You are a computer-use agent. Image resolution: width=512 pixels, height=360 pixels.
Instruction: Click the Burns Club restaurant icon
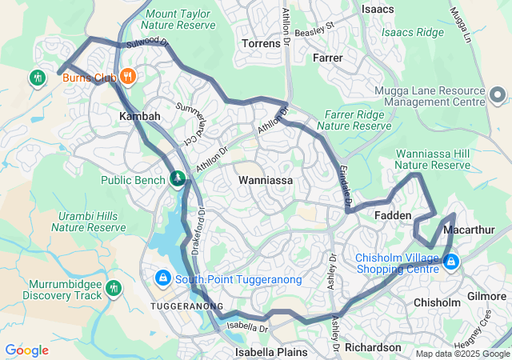click(128, 78)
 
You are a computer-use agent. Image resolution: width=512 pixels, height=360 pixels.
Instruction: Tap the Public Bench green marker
click(178, 178)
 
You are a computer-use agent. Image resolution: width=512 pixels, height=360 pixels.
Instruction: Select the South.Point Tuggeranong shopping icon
click(162, 278)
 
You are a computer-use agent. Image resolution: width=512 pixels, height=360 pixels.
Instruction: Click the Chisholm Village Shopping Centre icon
click(451, 262)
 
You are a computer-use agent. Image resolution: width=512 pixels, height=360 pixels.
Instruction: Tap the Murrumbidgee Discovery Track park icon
click(114, 287)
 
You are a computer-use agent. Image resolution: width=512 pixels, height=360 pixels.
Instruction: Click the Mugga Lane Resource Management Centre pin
click(496, 97)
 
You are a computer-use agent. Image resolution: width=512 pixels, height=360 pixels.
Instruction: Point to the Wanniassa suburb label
click(266, 181)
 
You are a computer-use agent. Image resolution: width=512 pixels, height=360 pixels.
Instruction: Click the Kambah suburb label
click(140, 117)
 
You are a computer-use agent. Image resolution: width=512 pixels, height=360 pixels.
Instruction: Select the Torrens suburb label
click(261, 42)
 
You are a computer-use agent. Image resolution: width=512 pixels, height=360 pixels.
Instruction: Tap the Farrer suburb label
click(328, 58)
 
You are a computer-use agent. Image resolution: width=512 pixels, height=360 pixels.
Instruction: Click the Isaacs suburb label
click(378, 9)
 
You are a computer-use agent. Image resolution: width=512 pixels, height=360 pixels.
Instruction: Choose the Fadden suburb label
click(393, 216)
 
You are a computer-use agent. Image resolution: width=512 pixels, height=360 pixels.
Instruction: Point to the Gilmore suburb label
click(486, 296)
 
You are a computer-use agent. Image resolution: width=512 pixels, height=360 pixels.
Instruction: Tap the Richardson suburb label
click(374, 347)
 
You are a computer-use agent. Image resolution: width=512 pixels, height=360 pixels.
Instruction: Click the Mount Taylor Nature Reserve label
click(181, 19)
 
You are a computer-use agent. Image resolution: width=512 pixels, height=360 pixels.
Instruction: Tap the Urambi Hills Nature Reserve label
click(89, 222)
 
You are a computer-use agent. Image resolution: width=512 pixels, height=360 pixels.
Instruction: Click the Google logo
click(26, 350)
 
